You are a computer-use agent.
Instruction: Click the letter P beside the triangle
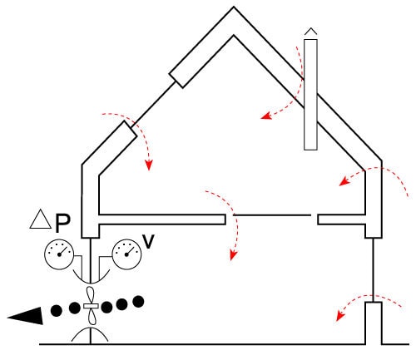[x=62, y=223]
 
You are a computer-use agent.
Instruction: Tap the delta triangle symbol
[x=41, y=219]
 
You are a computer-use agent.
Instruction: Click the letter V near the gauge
[x=148, y=241]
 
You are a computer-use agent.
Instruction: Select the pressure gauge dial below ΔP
[x=59, y=254]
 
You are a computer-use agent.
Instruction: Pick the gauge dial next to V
[x=126, y=254]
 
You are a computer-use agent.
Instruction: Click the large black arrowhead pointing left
[x=27, y=316]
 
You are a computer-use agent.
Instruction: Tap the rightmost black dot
[x=138, y=302]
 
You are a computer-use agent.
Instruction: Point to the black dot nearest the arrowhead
[x=57, y=311]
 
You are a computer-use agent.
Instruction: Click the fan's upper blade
[x=91, y=295]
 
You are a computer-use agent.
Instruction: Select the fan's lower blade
[x=92, y=317]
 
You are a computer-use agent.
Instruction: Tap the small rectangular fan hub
[x=91, y=306]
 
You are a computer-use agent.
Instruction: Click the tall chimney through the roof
[x=310, y=95]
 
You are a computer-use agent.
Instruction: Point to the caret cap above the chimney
[x=310, y=31]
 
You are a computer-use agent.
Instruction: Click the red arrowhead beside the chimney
[x=265, y=116]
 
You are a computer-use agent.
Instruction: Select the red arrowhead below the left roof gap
[x=149, y=165]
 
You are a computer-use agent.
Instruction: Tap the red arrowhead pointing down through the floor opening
[x=234, y=255]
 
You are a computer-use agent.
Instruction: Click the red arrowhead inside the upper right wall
[x=344, y=181]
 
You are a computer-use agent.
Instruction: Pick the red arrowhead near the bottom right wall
[x=340, y=316]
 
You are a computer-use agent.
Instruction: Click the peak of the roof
[x=234, y=7]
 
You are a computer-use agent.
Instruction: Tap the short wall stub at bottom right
[x=374, y=323]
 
